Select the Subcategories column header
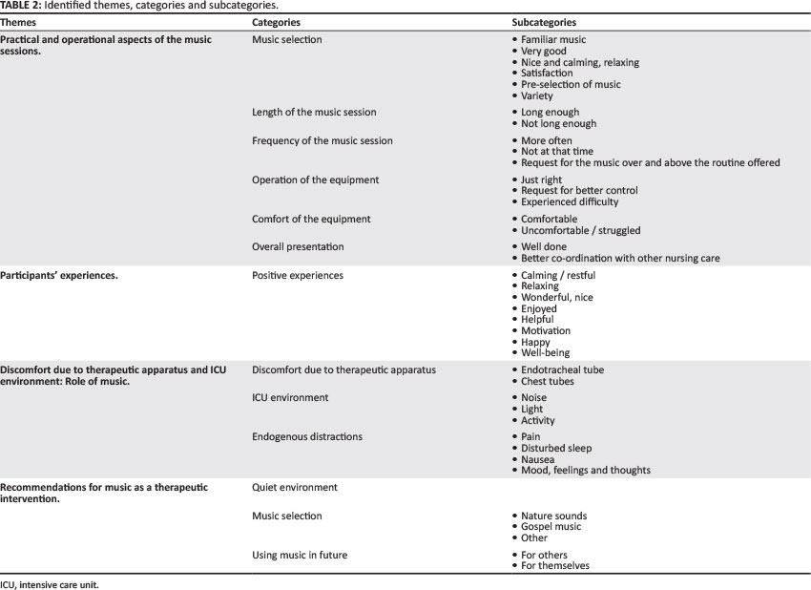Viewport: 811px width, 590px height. click(544, 22)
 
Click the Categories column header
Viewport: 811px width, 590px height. click(277, 22)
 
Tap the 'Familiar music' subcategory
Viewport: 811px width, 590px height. click(553, 40)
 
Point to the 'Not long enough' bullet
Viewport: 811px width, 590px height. click(558, 124)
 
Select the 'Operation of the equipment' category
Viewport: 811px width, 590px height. click(315, 180)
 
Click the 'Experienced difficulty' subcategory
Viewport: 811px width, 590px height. click(570, 202)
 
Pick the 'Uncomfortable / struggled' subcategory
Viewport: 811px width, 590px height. click(580, 231)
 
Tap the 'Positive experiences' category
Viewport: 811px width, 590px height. click(298, 276)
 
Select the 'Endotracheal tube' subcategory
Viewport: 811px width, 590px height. click(562, 370)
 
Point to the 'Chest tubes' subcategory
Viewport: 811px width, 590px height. click(550, 382)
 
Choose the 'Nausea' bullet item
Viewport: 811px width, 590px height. click(538, 459)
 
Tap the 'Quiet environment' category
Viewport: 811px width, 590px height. click(295, 488)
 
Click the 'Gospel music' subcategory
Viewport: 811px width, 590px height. click(551, 527)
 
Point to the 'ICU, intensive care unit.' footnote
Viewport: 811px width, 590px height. click(50, 584)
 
